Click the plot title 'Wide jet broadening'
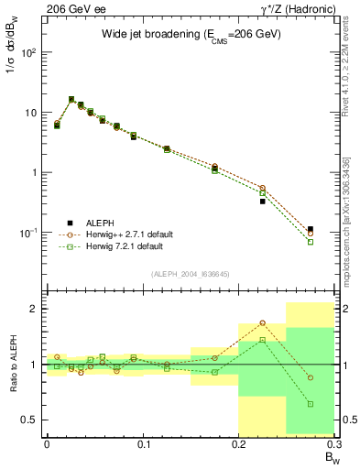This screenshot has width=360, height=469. [x=191, y=34]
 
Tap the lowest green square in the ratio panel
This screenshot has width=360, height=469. [x=311, y=404]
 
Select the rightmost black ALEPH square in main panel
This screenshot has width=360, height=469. [x=311, y=229]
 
